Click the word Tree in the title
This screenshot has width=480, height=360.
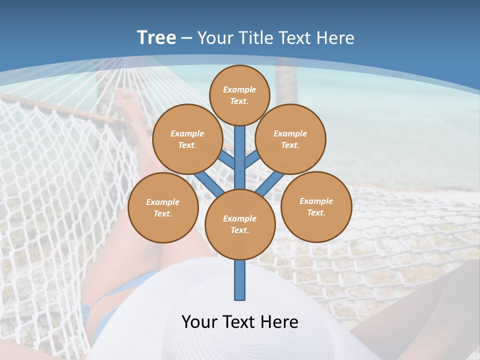point(156,38)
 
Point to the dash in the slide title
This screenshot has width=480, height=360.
point(187,38)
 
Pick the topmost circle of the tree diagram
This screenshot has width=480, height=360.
point(239,95)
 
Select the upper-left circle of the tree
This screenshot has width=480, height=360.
point(187,139)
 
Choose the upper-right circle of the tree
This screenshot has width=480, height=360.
point(290,139)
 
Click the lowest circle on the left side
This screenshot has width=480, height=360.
point(163,207)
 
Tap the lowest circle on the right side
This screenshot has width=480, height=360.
point(316,206)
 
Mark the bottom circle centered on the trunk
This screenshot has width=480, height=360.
point(240,224)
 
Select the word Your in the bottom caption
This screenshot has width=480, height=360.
point(200,322)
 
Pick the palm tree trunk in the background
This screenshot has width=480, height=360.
point(286,80)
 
